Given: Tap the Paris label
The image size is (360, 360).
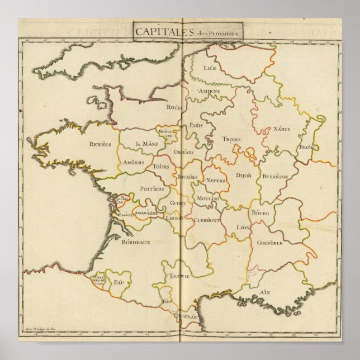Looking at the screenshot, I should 195,125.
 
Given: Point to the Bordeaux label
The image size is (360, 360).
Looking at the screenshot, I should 136,243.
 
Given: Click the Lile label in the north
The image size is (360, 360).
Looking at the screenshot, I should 210,68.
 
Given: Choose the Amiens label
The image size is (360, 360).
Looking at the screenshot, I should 209,91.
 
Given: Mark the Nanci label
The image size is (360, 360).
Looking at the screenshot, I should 281,129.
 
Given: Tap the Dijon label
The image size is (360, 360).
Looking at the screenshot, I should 244,175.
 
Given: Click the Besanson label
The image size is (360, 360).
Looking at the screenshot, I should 275,176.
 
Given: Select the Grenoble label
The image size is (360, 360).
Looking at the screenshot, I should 270,243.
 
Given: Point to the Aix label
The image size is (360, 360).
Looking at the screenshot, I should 265,292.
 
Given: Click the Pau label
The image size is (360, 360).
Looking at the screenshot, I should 117,282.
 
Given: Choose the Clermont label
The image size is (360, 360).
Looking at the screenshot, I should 207,221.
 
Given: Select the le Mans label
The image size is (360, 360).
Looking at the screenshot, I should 147,144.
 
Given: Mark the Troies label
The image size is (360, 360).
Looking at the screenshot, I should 231,139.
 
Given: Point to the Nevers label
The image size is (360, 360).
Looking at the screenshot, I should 216,181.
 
